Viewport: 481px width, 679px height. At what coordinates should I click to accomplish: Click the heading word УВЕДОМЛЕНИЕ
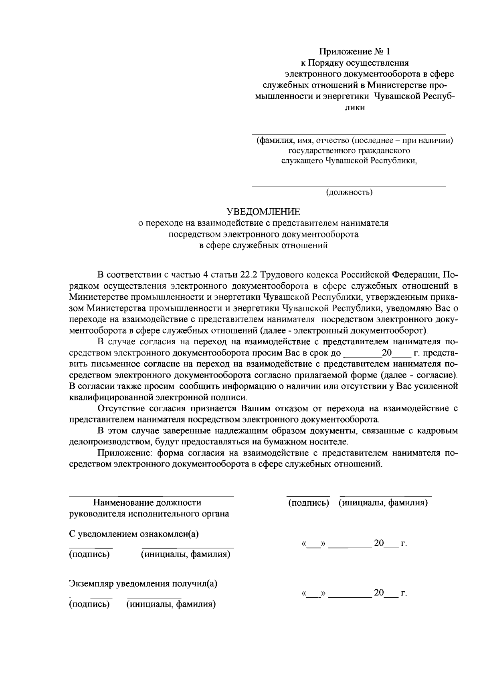click(x=263, y=211)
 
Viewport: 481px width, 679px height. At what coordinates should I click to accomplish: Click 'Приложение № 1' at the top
click(x=354, y=52)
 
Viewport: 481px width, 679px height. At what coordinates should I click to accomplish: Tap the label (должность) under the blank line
click(x=349, y=193)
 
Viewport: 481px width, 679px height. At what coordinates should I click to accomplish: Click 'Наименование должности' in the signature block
click(x=147, y=502)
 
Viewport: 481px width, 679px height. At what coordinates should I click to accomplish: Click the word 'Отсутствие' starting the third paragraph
click(x=119, y=409)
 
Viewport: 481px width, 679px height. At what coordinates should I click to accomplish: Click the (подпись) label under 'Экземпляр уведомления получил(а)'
click(x=89, y=604)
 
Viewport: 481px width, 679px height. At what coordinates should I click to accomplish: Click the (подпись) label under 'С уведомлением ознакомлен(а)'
click(x=89, y=554)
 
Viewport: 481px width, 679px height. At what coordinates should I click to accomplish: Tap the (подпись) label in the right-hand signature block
click(x=309, y=502)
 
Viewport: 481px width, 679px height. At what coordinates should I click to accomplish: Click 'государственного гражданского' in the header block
click(x=349, y=151)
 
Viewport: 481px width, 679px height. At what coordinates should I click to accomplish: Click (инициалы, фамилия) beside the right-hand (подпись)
click(x=383, y=502)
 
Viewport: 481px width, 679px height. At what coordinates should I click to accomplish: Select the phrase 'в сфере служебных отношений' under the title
click(x=263, y=245)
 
